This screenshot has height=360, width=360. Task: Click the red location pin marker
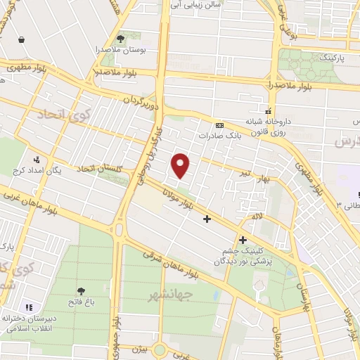[181, 165]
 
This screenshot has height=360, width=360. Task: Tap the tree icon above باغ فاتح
[83, 291]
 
